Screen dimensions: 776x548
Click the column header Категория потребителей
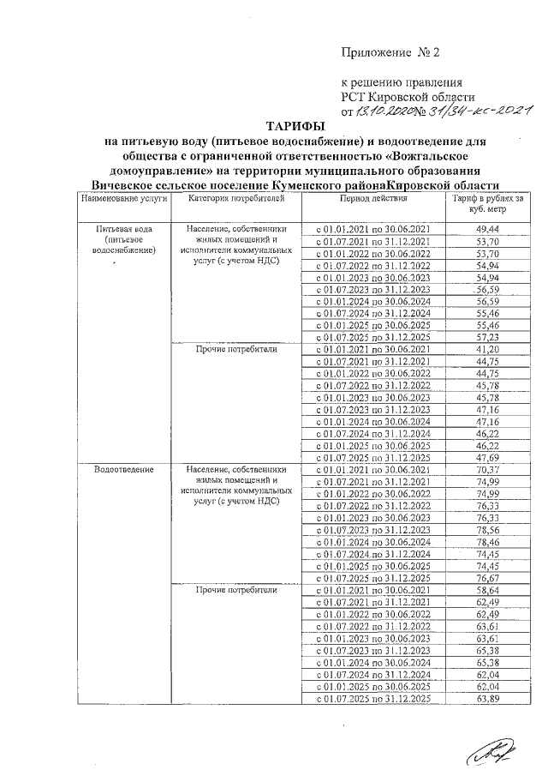click(x=234, y=198)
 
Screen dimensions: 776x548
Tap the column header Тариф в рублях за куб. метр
click(x=488, y=203)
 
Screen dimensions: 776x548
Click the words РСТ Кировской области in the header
click(x=402, y=97)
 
